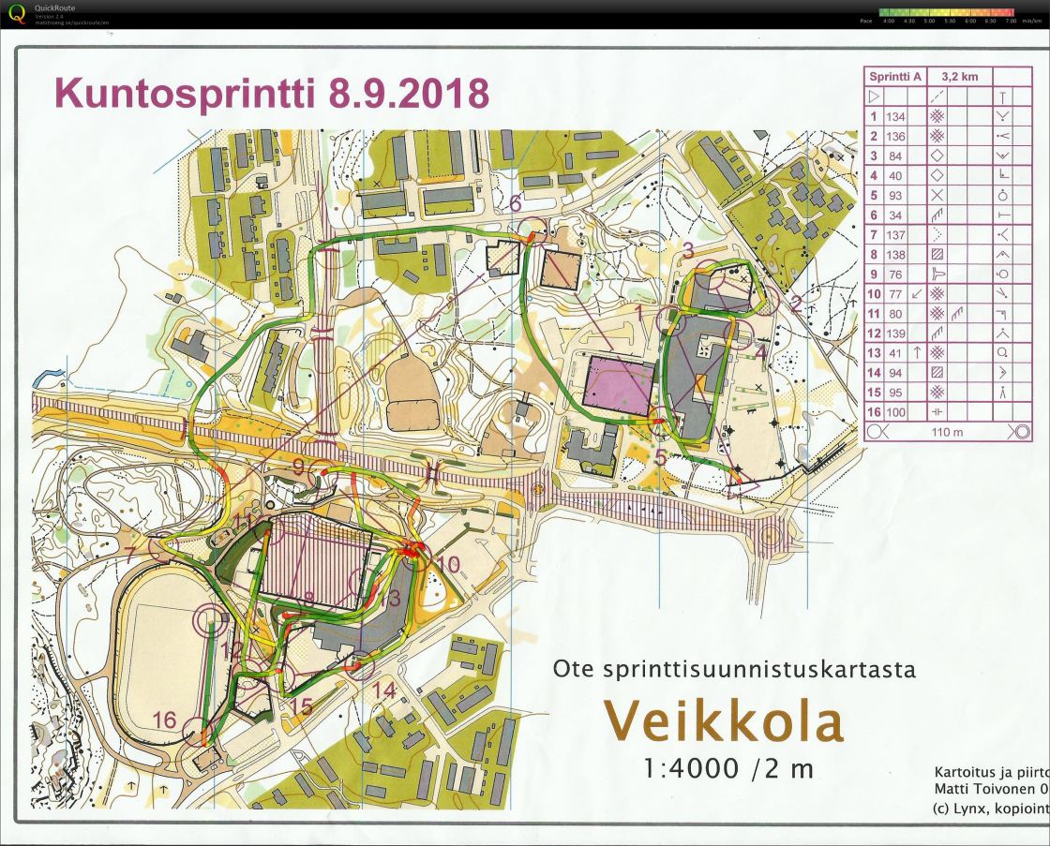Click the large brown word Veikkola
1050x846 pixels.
(722, 720)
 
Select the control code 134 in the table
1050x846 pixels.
(895, 116)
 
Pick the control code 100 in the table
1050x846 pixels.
(895, 411)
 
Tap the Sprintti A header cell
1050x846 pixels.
(895, 77)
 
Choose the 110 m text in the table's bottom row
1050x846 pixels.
(948, 431)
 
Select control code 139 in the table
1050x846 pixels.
(895, 333)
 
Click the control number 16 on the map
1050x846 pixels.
(164, 720)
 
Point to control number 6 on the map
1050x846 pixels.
(515, 202)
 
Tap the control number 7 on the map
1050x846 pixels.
(130, 550)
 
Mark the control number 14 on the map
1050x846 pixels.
(384, 690)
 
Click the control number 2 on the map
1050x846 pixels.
(795, 302)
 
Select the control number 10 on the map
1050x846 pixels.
(449, 564)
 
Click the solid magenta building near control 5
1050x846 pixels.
(618, 383)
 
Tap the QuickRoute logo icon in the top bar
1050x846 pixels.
(16, 13)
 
